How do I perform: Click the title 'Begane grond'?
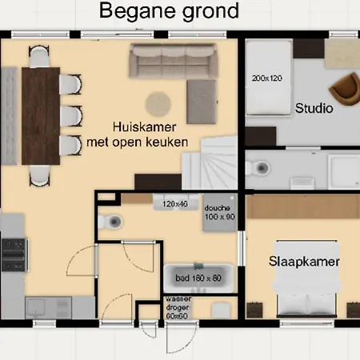pos(169,11)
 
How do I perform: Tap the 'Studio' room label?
pos(314,108)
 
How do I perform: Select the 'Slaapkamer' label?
pos(304,262)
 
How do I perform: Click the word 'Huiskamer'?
pos(144,127)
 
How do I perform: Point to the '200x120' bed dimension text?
pos(267,78)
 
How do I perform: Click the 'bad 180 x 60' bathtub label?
pos(198,278)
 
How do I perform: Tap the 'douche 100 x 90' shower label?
pos(220,212)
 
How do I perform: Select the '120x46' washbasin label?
pos(175,204)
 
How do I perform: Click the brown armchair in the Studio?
pos(345,89)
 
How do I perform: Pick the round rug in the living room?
pos(158,104)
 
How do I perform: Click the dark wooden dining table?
pos(41,116)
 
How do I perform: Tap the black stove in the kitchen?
pos(14,255)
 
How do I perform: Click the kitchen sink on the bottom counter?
pos(35,306)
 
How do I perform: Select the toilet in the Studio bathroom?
pos(258,168)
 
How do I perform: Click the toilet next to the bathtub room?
pos(110,222)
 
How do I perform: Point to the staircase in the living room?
pos(210,163)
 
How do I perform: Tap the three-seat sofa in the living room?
pos(173,61)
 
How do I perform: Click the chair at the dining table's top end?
pos(39,56)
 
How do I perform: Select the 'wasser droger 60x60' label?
pos(177,308)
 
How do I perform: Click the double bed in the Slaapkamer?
pos(306,278)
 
